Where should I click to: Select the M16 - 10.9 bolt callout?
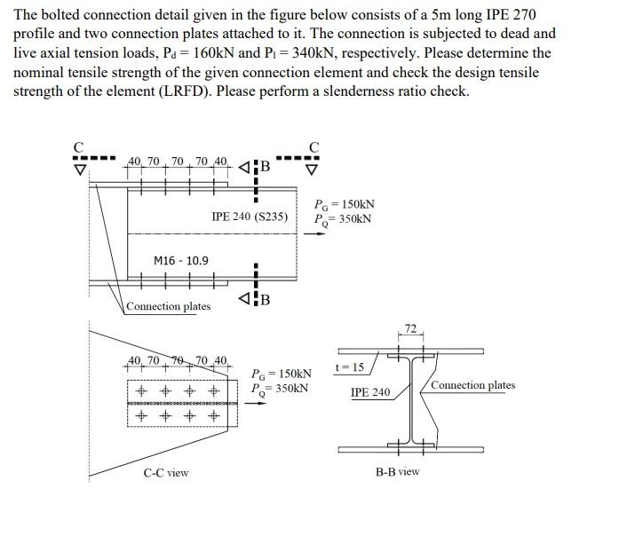pos(181,260)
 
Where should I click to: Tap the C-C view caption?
pos(166,472)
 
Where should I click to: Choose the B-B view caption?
pos(397,471)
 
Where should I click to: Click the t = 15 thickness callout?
pos(350,367)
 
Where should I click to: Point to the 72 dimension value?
pos(410,328)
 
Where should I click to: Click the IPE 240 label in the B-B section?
pos(369,391)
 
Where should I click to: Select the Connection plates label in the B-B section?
pos(472,385)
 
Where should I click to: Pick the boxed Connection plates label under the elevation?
pos(168,306)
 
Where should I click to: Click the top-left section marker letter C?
pos(78,146)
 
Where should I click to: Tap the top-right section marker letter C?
pos(313,146)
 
